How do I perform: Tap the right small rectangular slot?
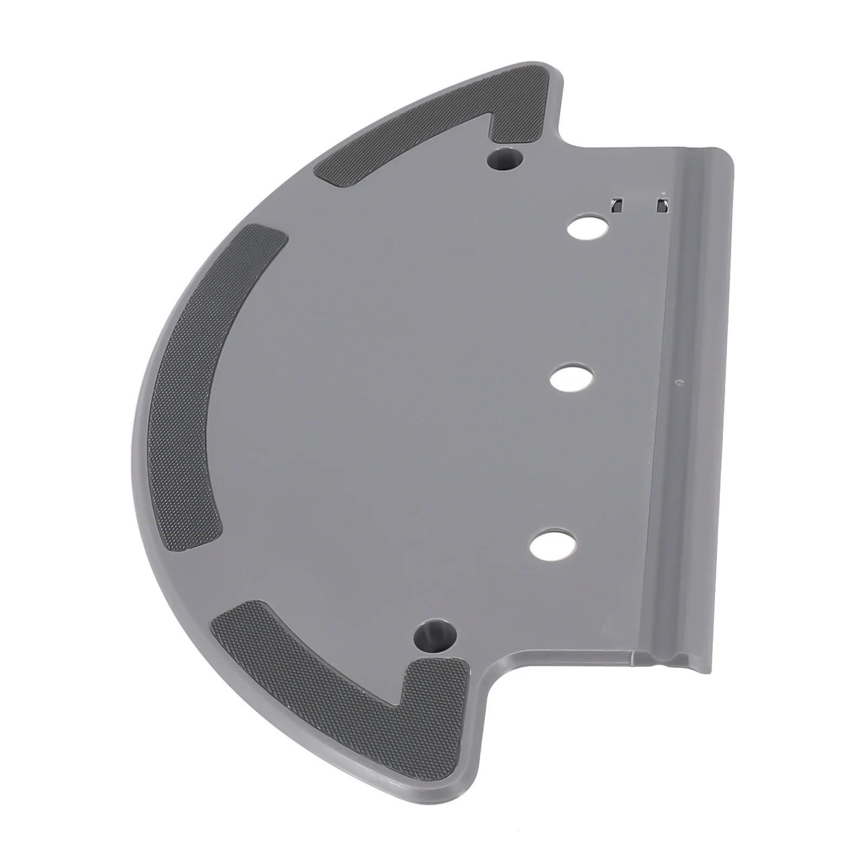click(x=662, y=206)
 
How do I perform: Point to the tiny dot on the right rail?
click(x=679, y=382)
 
